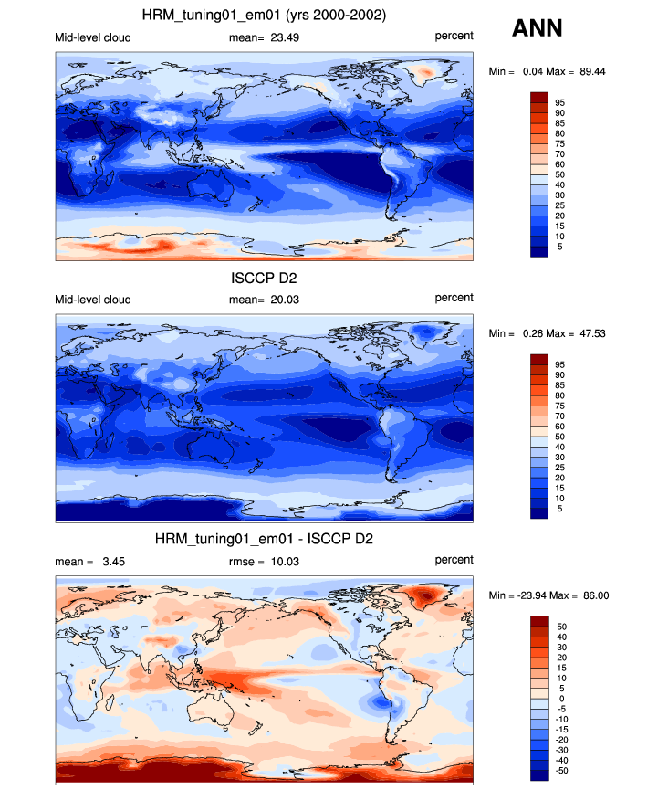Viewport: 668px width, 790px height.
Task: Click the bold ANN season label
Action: (x=537, y=28)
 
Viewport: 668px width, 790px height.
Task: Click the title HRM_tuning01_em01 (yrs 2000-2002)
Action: (x=264, y=16)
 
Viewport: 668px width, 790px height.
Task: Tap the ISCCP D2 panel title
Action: (x=264, y=278)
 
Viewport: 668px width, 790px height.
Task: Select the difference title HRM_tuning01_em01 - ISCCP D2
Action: (x=264, y=539)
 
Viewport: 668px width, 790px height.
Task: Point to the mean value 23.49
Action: (x=285, y=37)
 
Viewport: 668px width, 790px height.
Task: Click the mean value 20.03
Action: (x=285, y=300)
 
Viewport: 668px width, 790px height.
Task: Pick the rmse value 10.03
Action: (x=285, y=562)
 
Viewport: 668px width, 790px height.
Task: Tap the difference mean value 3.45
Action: (x=114, y=562)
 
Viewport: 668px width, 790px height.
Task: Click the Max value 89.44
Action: (x=592, y=71)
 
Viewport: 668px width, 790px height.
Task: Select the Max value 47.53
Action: (x=592, y=333)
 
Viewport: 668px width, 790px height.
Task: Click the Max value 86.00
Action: (x=596, y=595)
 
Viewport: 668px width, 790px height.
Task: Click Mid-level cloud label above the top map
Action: (x=93, y=37)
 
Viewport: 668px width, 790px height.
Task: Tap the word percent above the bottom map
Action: (x=454, y=560)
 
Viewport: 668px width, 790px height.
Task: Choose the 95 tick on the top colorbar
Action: (x=559, y=103)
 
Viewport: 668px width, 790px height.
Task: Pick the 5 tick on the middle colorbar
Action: (x=559, y=509)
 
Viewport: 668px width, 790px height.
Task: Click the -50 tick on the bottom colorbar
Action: (x=562, y=771)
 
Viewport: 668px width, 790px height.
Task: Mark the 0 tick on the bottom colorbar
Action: (x=562, y=699)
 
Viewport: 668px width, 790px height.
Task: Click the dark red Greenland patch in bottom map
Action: (x=426, y=596)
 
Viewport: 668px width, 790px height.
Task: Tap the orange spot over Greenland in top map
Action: (x=426, y=73)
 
